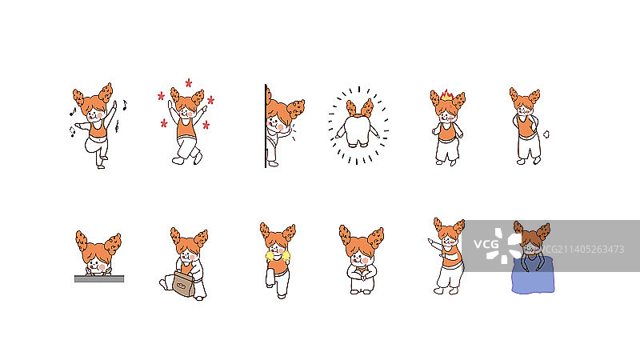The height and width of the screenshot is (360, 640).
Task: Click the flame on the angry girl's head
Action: click(x=446, y=95)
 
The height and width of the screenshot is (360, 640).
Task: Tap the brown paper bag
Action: click(x=184, y=284)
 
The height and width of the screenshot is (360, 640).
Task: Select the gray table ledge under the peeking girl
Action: click(x=99, y=278)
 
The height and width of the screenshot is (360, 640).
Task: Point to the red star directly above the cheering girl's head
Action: click(x=189, y=83)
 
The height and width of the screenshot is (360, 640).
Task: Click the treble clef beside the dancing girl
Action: click(x=117, y=126)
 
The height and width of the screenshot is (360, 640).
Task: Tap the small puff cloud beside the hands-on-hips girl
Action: click(x=546, y=134)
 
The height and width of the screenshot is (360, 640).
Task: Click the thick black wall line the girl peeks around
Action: click(x=266, y=126)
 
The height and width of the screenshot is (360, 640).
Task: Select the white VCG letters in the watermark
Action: click(x=486, y=245)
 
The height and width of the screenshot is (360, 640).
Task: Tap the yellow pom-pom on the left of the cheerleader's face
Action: click(x=270, y=256)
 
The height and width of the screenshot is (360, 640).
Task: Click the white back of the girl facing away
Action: click(x=357, y=130)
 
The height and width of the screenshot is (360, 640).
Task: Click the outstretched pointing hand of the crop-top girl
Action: click(x=431, y=242)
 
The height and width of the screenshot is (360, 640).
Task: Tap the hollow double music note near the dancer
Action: click(x=72, y=131)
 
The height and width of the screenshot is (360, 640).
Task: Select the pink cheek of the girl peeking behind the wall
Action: click(x=280, y=127)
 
